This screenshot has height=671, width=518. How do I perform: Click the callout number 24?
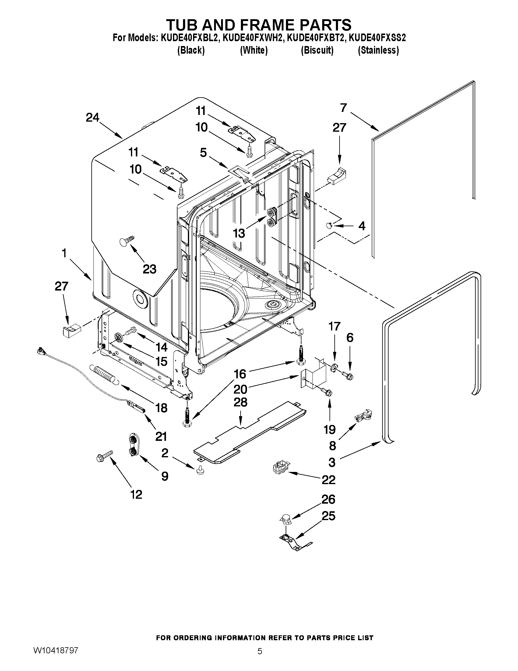point(92,117)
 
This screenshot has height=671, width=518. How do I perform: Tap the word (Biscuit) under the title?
point(317,50)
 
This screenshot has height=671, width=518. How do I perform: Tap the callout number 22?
point(328,480)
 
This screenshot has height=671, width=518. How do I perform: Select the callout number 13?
point(239,233)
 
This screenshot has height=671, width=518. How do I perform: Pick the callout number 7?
point(343,108)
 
